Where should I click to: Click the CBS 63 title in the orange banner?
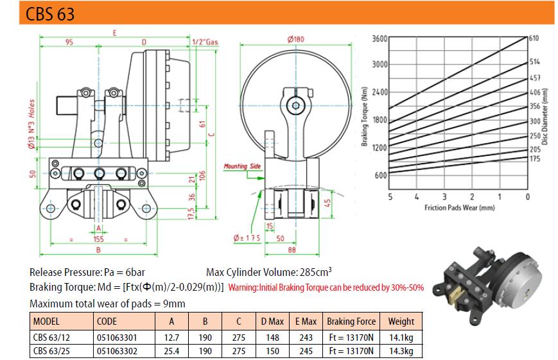50,14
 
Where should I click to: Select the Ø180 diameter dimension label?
296,39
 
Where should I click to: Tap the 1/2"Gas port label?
205,42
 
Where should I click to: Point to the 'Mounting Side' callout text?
242,166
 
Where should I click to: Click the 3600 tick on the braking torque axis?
379,39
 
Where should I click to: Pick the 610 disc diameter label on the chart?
534,38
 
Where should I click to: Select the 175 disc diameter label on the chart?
535,159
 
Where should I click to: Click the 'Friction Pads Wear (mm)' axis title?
459,207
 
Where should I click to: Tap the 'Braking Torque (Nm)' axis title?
364,116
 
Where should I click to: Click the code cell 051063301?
117,338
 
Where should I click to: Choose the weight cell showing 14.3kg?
401,351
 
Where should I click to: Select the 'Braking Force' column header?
351,321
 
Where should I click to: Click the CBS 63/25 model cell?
51,351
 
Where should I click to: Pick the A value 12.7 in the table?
171,338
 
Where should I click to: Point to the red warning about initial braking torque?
326,287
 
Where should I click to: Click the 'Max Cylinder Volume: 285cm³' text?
269,272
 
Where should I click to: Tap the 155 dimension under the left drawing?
99,239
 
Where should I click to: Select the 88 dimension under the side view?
292,250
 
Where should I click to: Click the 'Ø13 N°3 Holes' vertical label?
31,124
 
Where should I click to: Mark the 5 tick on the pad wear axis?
390,197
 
